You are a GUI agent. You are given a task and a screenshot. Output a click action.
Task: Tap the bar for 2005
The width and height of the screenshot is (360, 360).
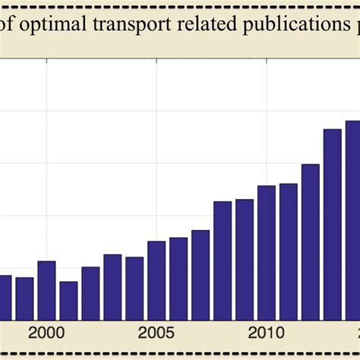pos(156,280)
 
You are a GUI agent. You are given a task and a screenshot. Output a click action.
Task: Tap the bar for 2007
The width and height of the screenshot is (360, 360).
pos(201,275)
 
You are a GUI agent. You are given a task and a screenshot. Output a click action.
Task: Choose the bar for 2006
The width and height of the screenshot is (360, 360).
pos(178,279)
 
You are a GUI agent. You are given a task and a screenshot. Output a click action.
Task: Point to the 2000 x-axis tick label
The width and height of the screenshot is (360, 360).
pos(46,333)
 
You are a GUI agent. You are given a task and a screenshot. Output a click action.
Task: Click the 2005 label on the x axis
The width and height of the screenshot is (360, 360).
pos(156,333)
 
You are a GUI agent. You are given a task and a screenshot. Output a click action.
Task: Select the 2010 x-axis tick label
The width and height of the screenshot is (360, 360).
pos(267,333)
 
